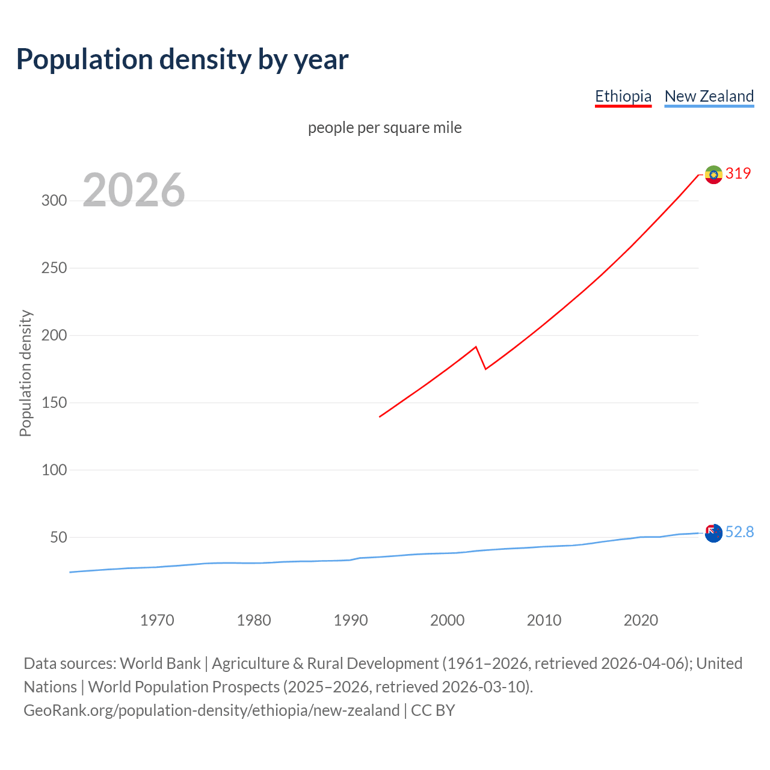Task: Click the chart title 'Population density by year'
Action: coord(182,60)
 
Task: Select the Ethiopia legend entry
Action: coord(623,96)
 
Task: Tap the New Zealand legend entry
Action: coord(709,96)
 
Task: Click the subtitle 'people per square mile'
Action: coord(385,128)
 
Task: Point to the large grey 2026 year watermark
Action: coord(134,190)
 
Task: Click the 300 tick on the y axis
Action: coord(54,201)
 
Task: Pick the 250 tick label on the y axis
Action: coord(54,268)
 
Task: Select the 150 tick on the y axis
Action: coord(54,403)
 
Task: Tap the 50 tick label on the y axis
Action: coord(58,537)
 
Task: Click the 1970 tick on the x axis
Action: coord(157,620)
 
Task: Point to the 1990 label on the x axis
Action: coord(351,620)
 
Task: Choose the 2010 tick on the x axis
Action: coord(544,620)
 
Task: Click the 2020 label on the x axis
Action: coord(641,620)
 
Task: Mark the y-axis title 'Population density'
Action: coord(25,373)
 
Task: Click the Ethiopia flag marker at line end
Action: coord(713,174)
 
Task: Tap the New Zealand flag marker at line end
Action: coord(713,533)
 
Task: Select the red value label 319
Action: coord(738,174)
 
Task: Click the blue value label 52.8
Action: coord(739,532)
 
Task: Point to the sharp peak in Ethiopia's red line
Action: coord(476,347)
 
